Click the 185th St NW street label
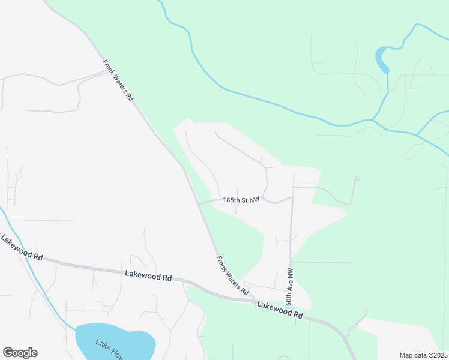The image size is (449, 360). click(x=241, y=199)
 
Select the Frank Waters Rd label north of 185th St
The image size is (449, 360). click(x=117, y=80)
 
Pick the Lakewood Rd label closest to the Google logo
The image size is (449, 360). click(x=22, y=248)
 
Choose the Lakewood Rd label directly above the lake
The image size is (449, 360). click(x=148, y=275)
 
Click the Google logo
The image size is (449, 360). click(x=20, y=353)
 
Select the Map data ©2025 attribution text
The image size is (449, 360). click(x=423, y=355)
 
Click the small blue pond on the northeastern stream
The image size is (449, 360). click(x=381, y=60)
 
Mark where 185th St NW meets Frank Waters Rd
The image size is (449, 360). click(x=199, y=204)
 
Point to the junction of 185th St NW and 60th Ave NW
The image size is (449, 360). click(x=292, y=197)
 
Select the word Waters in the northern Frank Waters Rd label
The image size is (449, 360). click(x=118, y=81)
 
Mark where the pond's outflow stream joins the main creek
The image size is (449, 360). click(x=373, y=120)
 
